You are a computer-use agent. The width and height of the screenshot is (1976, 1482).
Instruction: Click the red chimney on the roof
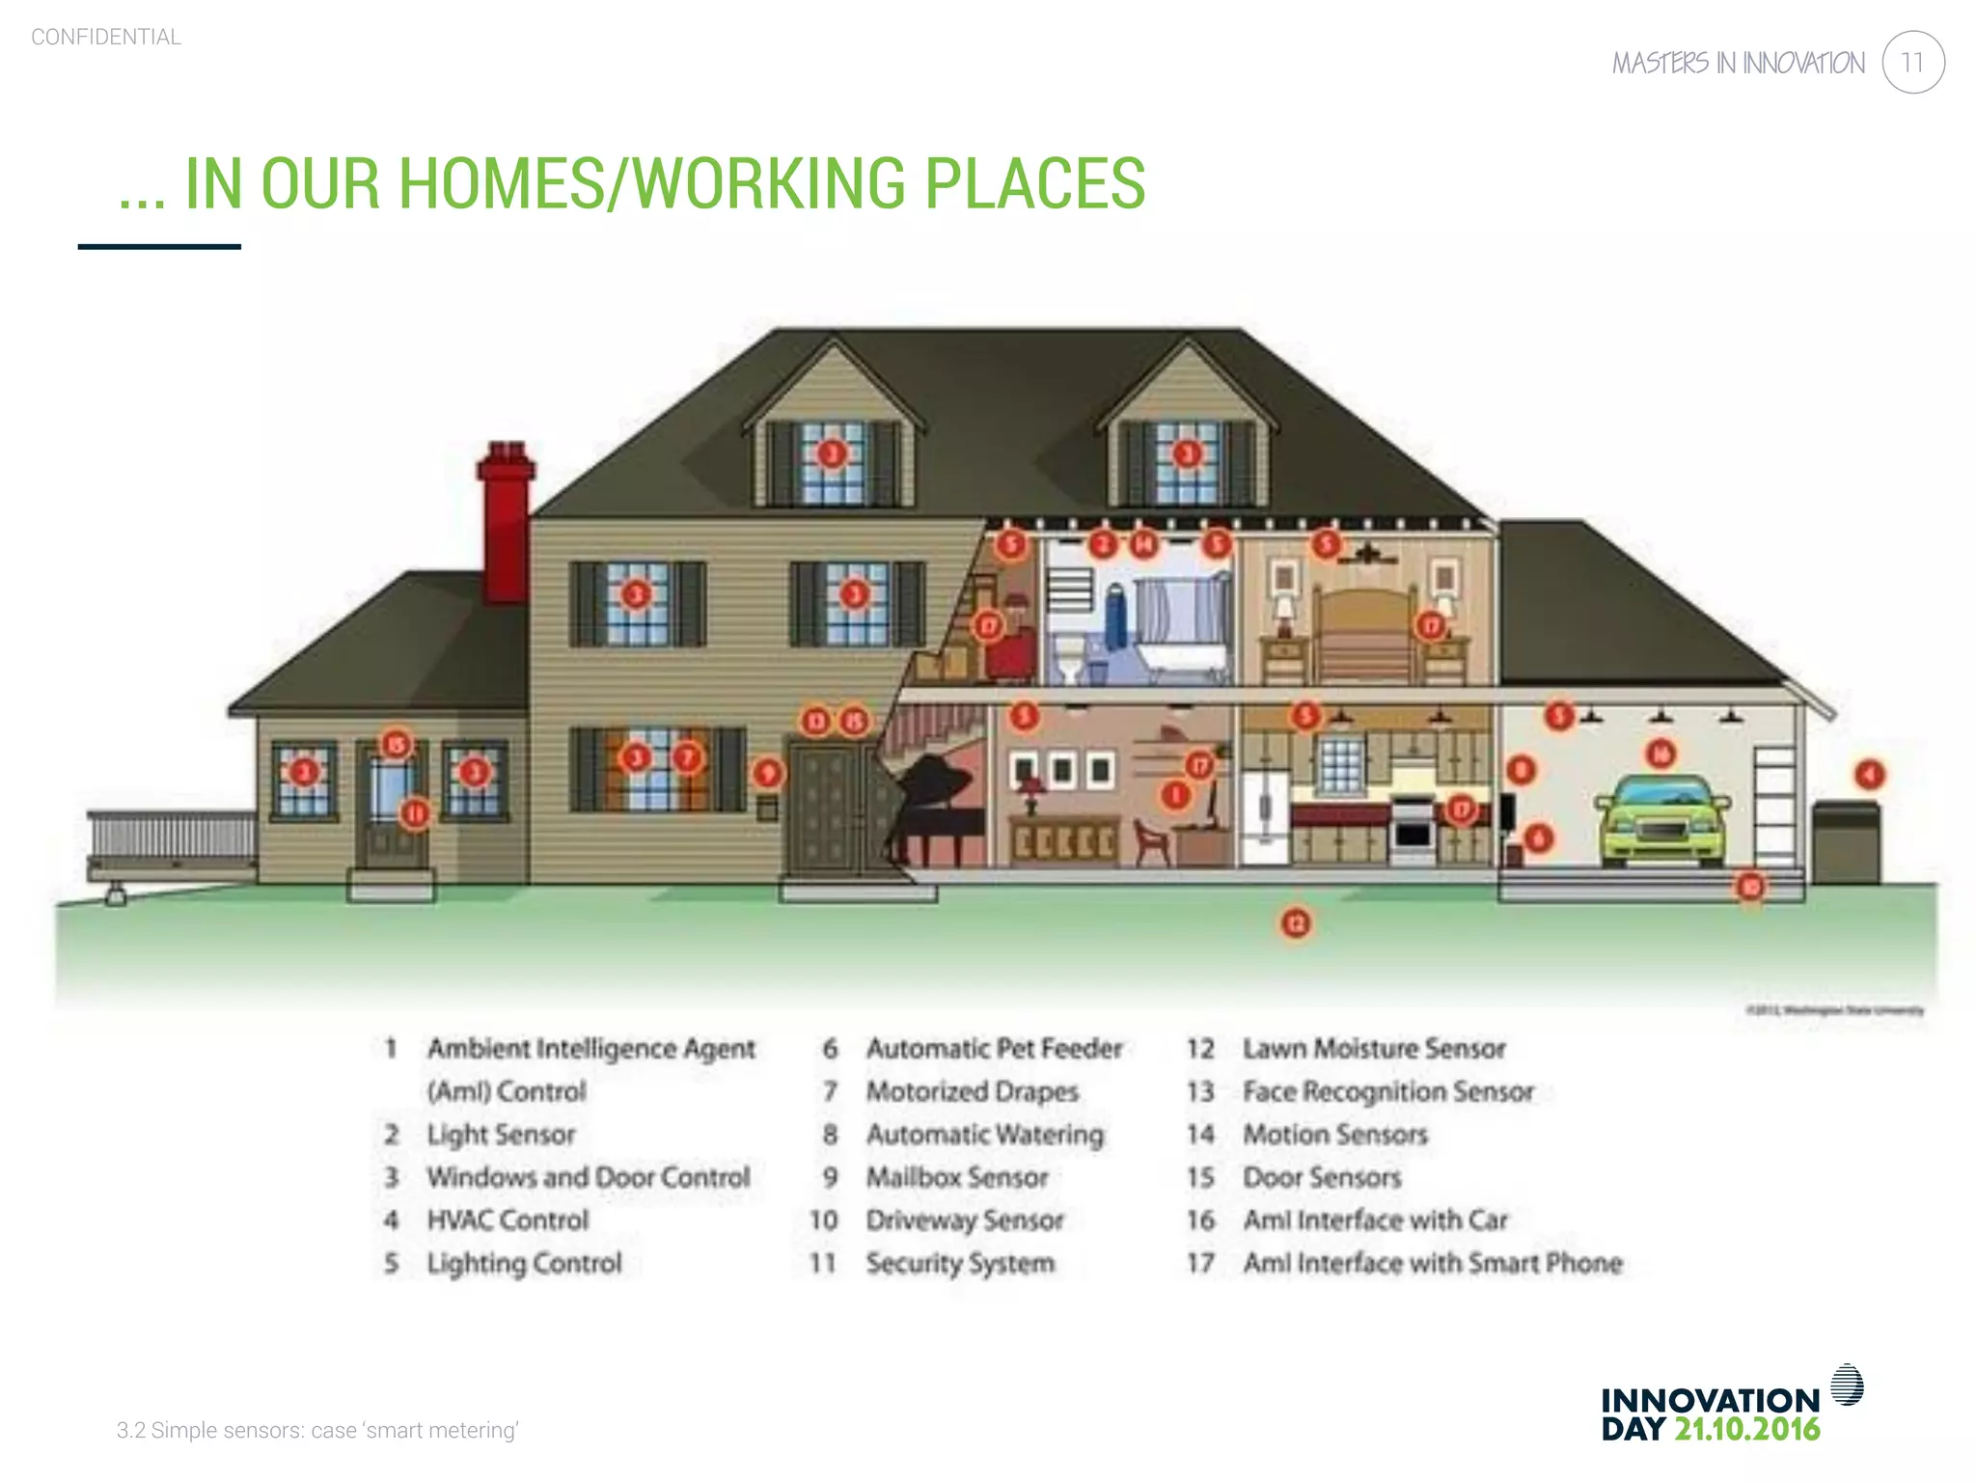[x=505, y=526]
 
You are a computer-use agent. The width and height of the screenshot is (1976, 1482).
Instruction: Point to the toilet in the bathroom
[x=1068, y=656]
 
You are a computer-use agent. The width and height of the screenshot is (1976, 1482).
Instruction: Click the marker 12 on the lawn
[x=1296, y=923]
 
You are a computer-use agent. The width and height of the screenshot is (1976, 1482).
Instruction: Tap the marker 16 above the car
[x=1660, y=754]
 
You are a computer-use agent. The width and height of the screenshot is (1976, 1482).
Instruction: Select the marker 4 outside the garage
[x=1869, y=774]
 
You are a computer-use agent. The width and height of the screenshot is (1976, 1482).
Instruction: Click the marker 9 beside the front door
[x=767, y=773]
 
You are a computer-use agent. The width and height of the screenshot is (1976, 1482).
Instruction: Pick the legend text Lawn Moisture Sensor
[x=1373, y=1049]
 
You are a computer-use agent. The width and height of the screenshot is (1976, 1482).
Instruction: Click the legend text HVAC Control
[x=508, y=1221]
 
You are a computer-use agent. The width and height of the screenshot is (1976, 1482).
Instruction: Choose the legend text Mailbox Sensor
[x=956, y=1178]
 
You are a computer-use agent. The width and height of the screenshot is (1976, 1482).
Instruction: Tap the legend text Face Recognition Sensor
[x=1387, y=1092]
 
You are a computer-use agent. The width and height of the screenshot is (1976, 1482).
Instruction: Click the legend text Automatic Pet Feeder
[x=994, y=1049]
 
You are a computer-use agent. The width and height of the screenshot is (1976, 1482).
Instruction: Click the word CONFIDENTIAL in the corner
[x=106, y=38]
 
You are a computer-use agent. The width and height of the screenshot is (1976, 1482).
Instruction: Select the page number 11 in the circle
[x=1912, y=63]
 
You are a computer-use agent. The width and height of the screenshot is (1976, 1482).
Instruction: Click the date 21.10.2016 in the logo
[x=1746, y=1430]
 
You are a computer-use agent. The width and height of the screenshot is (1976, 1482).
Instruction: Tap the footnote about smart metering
[x=317, y=1430]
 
